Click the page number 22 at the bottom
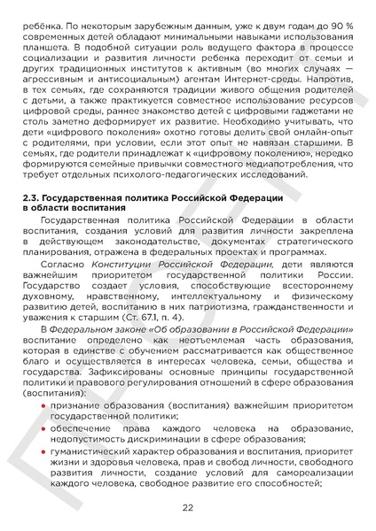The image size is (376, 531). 187,507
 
